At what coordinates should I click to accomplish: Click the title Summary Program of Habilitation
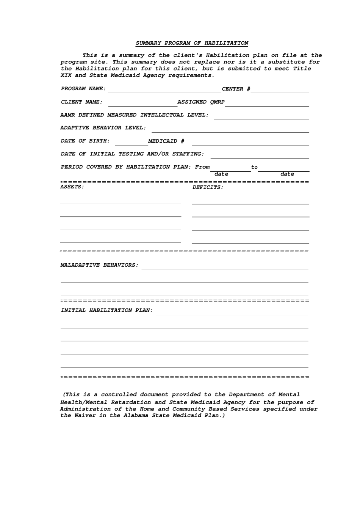(192, 43)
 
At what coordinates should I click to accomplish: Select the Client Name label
(81, 102)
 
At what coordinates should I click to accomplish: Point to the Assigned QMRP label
(201, 102)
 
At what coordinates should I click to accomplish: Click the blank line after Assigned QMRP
(268, 104)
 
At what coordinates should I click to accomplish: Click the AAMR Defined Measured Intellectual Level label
(134, 115)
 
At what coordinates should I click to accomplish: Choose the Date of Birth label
(85, 141)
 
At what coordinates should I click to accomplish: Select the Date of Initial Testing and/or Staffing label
(132, 154)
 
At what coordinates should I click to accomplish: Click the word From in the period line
(202, 167)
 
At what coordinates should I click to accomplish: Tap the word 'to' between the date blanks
(254, 167)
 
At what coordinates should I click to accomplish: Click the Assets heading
(72, 187)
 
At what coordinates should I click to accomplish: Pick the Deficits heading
(208, 187)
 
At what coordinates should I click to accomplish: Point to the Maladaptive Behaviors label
(100, 265)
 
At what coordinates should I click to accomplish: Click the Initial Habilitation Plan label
(107, 311)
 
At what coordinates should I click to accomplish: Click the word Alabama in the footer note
(136, 416)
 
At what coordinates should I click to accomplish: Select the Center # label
(236, 89)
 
